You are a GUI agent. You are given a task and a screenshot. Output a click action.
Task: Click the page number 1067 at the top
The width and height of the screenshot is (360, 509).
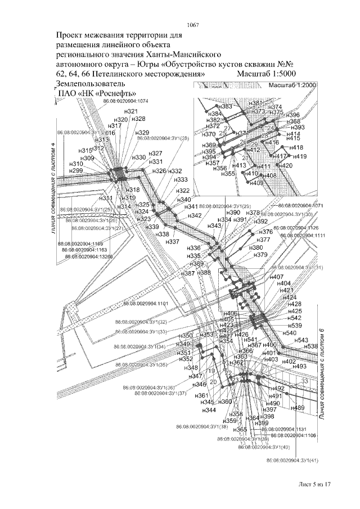coord(193,24)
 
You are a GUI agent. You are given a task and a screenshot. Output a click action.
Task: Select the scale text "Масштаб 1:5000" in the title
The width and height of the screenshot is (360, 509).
coord(270,74)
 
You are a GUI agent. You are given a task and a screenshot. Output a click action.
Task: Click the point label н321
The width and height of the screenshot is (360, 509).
coord(131,111)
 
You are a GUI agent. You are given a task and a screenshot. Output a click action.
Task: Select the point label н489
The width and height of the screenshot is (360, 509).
coord(298,408)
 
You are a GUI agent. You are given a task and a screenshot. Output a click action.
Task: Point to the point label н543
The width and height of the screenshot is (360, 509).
coord(301,340)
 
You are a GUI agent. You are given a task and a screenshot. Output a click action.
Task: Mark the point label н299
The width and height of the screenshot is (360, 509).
coord(75,170)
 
